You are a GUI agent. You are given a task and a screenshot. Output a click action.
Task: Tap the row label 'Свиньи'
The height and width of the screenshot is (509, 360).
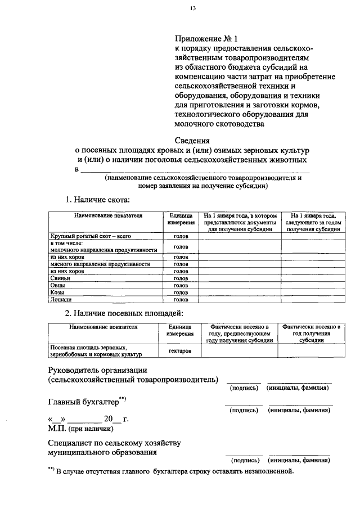tap(59, 278)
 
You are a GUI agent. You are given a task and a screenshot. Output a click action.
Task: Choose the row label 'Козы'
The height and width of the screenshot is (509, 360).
tap(57, 292)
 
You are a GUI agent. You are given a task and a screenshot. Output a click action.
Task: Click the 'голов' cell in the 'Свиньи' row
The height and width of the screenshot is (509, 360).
tap(181, 278)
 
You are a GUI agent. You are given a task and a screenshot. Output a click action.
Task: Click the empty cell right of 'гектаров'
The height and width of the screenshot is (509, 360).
tap(239, 351)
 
